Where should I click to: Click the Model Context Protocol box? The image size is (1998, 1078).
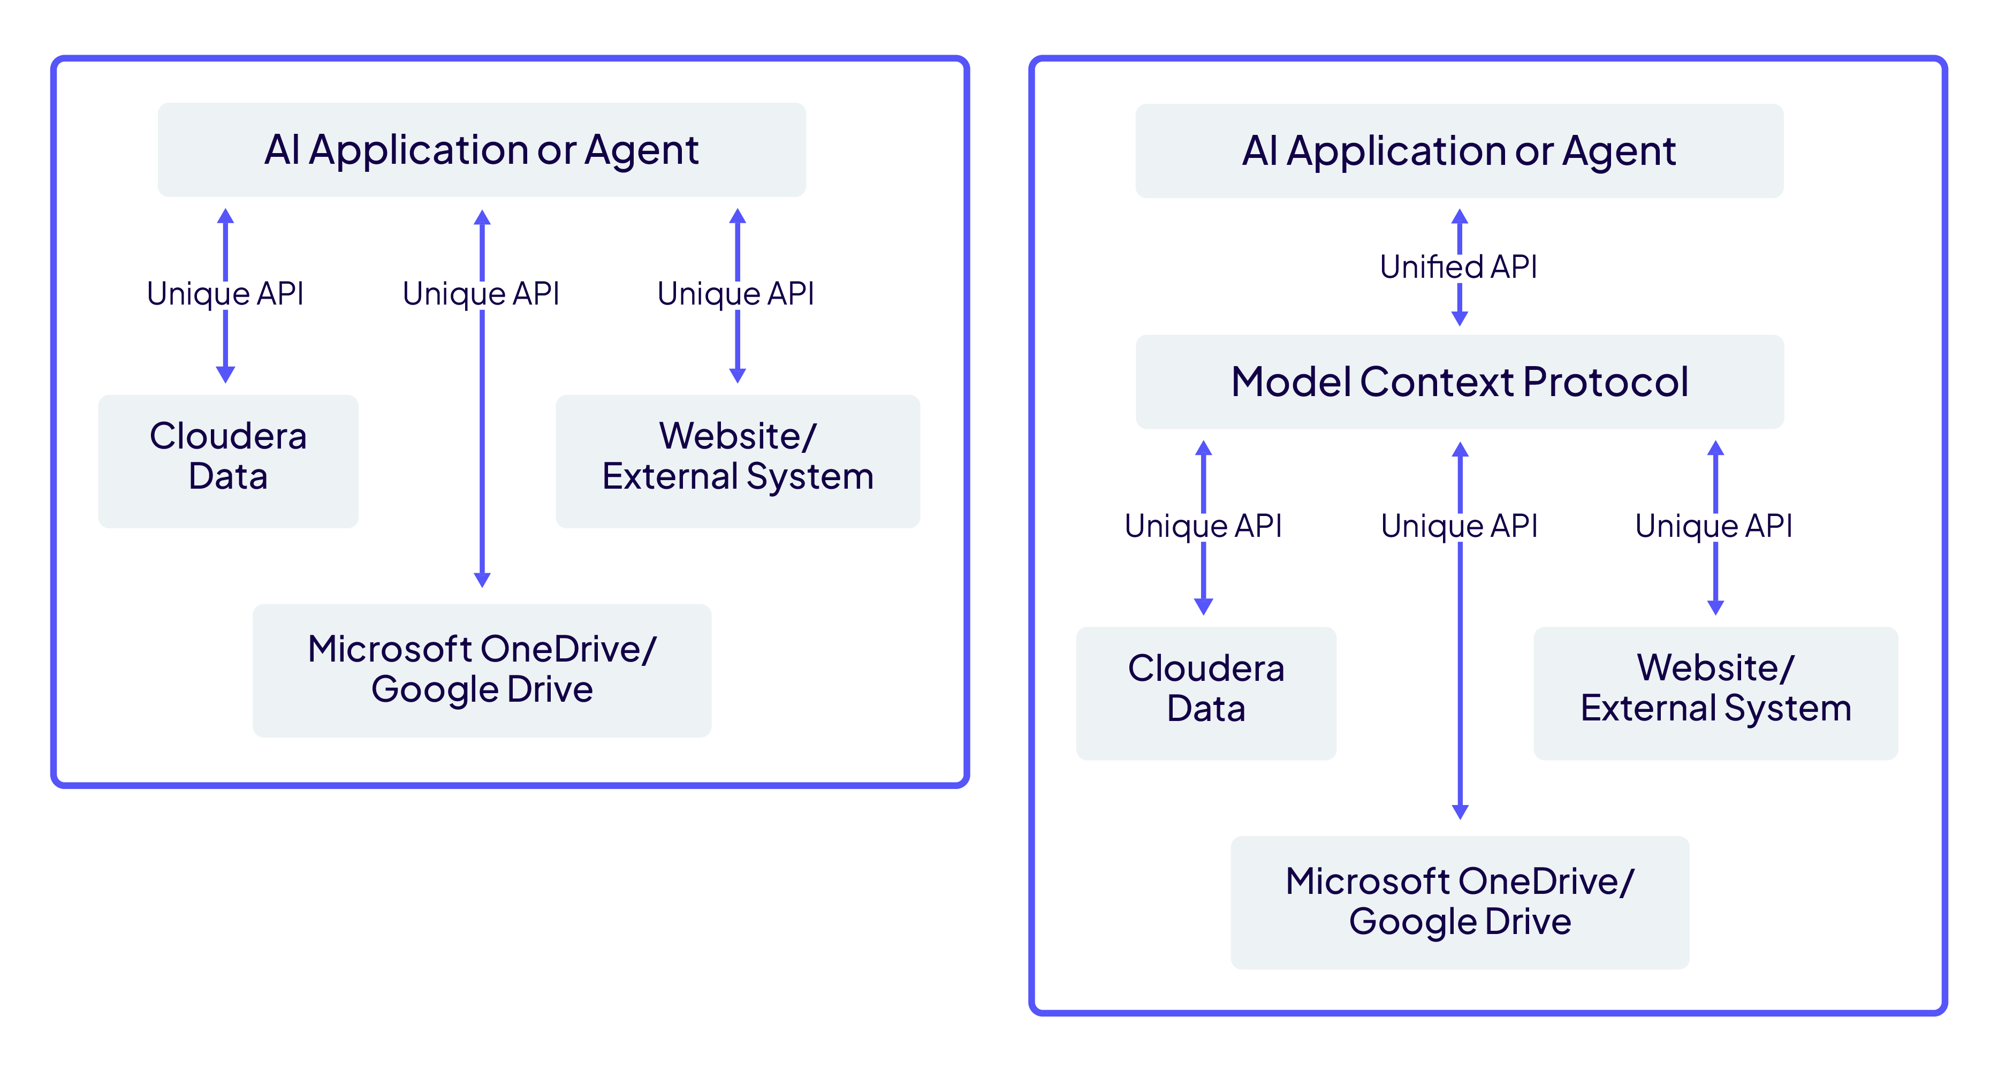coord(1459,382)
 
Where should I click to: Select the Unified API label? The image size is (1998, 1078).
coord(1458,267)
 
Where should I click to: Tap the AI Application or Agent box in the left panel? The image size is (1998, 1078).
coord(482,150)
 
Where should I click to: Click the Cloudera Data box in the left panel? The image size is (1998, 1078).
coord(228,461)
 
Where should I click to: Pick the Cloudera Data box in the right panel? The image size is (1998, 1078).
coord(1206,693)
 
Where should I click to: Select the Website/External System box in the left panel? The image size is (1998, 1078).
coord(738,461)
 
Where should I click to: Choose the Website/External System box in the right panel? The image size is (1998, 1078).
coord(1716,693)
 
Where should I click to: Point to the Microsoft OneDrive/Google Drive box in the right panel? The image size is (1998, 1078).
coord(1460,902)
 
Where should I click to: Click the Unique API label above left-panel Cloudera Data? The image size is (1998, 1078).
coord(225,294)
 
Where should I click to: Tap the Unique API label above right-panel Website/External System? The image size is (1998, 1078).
coord(1714,526)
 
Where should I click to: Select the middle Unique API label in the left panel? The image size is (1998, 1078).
coord(481,294)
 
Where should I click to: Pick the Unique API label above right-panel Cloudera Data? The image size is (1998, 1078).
coord(1203,526)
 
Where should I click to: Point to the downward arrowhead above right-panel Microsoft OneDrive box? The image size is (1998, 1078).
coord(1460,811)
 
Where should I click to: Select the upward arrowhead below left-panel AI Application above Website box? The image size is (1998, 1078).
coord(738,216)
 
